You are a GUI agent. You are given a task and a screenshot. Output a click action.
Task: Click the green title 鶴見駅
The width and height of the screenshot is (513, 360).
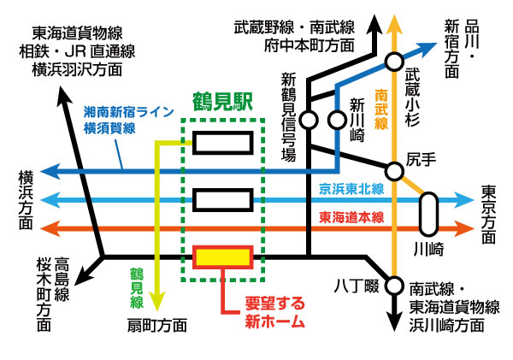(x=221, y=106)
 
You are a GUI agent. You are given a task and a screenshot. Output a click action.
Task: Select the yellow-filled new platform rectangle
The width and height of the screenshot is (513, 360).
(x=222, y=257)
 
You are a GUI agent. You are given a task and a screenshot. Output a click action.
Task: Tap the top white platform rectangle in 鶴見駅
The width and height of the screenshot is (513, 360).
(x=222, y=143)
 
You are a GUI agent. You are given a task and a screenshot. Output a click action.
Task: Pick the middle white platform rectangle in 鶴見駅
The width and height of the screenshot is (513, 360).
(x=222, y=201)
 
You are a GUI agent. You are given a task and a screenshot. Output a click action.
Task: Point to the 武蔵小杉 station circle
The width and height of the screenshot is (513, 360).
(x=394, y=61)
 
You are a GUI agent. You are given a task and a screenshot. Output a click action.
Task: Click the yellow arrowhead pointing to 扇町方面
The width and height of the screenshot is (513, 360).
(x=156, y=303)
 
